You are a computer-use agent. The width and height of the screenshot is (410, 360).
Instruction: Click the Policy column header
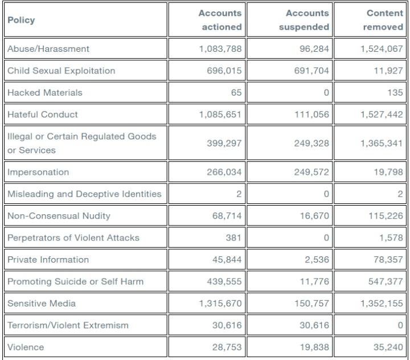21,20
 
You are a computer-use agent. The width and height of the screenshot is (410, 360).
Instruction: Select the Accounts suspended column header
304,20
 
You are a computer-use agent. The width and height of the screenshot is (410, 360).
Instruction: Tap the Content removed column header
383,20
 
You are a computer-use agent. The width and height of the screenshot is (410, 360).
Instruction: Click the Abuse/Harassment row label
48,48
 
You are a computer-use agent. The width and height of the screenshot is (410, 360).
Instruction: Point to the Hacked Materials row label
45,92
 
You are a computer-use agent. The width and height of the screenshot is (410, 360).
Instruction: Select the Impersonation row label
38,172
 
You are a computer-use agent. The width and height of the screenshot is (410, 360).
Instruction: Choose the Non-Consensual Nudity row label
59,216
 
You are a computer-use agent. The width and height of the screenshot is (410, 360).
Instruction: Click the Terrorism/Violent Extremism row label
68,325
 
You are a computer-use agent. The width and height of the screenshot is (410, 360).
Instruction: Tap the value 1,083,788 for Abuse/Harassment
220,49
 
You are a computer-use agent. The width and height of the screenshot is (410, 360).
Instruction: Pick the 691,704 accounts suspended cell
311,71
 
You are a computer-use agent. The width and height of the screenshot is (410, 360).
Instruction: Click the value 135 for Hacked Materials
395,92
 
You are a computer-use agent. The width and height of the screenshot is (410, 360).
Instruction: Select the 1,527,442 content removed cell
382,114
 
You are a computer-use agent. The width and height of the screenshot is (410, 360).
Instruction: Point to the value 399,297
224,143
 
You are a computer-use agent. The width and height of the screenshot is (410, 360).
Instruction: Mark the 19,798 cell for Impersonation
388,172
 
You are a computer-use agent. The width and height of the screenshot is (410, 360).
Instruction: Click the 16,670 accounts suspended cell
314,216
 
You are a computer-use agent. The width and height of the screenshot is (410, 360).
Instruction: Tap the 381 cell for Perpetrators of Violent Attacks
233,238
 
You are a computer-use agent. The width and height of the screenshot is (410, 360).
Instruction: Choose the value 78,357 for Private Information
388,260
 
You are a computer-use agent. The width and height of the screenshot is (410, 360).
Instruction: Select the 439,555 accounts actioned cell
224,281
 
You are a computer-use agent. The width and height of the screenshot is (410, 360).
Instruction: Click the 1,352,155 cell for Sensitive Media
382,303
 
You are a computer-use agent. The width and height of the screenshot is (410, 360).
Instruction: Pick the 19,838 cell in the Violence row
314,347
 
